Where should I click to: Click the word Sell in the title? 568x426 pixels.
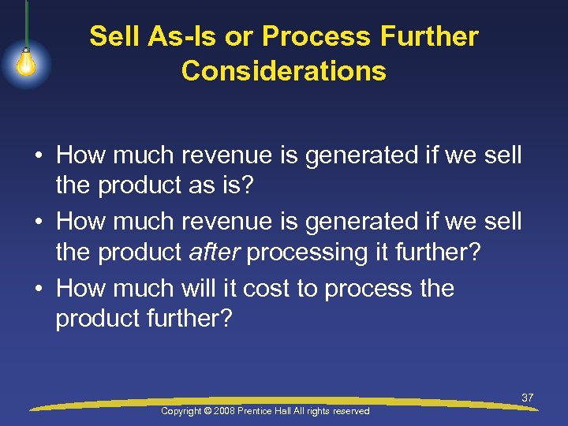111,36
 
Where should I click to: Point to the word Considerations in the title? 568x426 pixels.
284,71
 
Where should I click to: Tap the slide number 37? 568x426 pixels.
527,398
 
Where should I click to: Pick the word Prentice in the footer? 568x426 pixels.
272,411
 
